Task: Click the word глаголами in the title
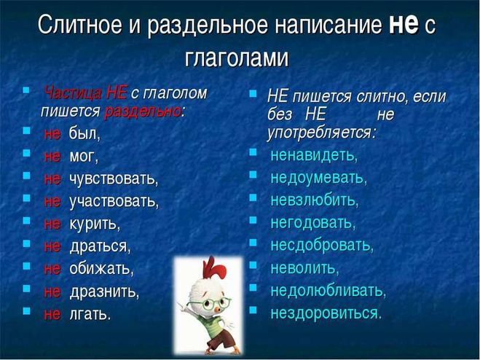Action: [237, 58]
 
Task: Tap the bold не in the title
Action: [404, 24]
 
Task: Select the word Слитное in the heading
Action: [80, 24]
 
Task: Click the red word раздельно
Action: [142, 112]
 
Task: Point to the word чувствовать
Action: [114, 179]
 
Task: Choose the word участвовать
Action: [114, 202]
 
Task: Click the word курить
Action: [94, 224]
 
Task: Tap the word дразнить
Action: [103, 291]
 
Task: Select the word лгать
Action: [90, 314]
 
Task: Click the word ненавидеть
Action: [313, 155]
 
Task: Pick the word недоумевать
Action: [318, 178]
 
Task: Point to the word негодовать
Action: [312, 223]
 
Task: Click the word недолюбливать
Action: [328, 290]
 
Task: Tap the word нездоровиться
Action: [326, 313]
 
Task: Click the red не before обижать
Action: [52, 269]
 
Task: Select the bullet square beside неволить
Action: [253, 265]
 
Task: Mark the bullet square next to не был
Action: [27, 130]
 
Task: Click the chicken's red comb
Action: [214, 270]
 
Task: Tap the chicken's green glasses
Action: [210, 303]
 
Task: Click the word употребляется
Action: [320, 133]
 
